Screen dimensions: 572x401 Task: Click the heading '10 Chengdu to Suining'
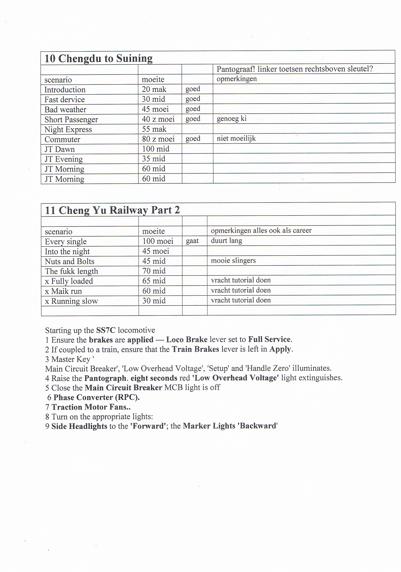click(99, 59)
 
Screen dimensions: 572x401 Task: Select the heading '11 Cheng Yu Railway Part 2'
click(112, 210)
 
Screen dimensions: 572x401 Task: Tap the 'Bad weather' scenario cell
click(65, 110)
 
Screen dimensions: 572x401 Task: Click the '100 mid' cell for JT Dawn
click(155, 149)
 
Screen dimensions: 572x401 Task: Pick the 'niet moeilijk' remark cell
click(236, 138)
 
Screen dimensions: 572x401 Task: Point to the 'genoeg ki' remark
click(231, 119)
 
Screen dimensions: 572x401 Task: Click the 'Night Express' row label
click(68, 130)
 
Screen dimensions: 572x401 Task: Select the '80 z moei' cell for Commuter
click(158, 139)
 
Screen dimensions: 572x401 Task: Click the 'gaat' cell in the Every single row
click(192, 241)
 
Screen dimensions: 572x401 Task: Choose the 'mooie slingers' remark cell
click(233, 260)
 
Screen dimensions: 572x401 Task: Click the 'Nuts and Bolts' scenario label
click(70, 261)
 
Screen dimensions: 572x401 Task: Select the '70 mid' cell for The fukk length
click(154, 271)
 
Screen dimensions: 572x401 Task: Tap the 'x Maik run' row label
click(63, 291)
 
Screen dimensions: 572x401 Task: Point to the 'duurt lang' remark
click(226, 240)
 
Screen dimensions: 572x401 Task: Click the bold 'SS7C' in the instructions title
click(106, 330)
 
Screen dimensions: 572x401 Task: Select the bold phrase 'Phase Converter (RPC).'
click(97, 398)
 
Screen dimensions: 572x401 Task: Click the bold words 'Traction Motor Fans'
click(89, 407)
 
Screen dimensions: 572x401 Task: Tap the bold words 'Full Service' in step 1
click(270, 340)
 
